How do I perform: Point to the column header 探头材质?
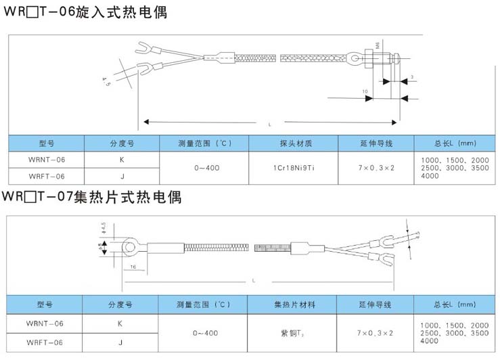[x=294, y=143]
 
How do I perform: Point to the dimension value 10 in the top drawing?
[x=365, y=91]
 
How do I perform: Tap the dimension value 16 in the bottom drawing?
[x=133, y=268]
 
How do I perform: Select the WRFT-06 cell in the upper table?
[x=47, y=176]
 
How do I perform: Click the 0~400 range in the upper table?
[x=206, y=166]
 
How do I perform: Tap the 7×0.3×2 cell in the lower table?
[x=375, y=333]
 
